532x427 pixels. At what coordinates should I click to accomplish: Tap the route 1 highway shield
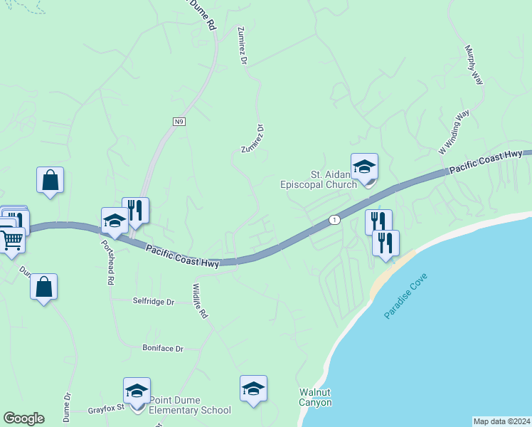[334, 220]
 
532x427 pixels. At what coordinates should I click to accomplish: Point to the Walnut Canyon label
[315, 397]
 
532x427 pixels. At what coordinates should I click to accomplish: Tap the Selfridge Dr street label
[154, 302]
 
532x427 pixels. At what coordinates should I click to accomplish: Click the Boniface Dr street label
[162, 349]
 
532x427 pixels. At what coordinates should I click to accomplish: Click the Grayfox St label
[106, 408]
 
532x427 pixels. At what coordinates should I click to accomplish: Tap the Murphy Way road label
[474, 65]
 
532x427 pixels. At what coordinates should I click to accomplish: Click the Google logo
[23, 418]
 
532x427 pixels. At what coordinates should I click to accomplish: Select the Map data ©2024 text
[502, 421]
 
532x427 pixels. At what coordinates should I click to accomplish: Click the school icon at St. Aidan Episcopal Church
[364, 168]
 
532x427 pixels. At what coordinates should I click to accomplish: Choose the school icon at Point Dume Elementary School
[137, 391]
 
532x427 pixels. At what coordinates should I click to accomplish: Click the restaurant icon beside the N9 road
[135, 211]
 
